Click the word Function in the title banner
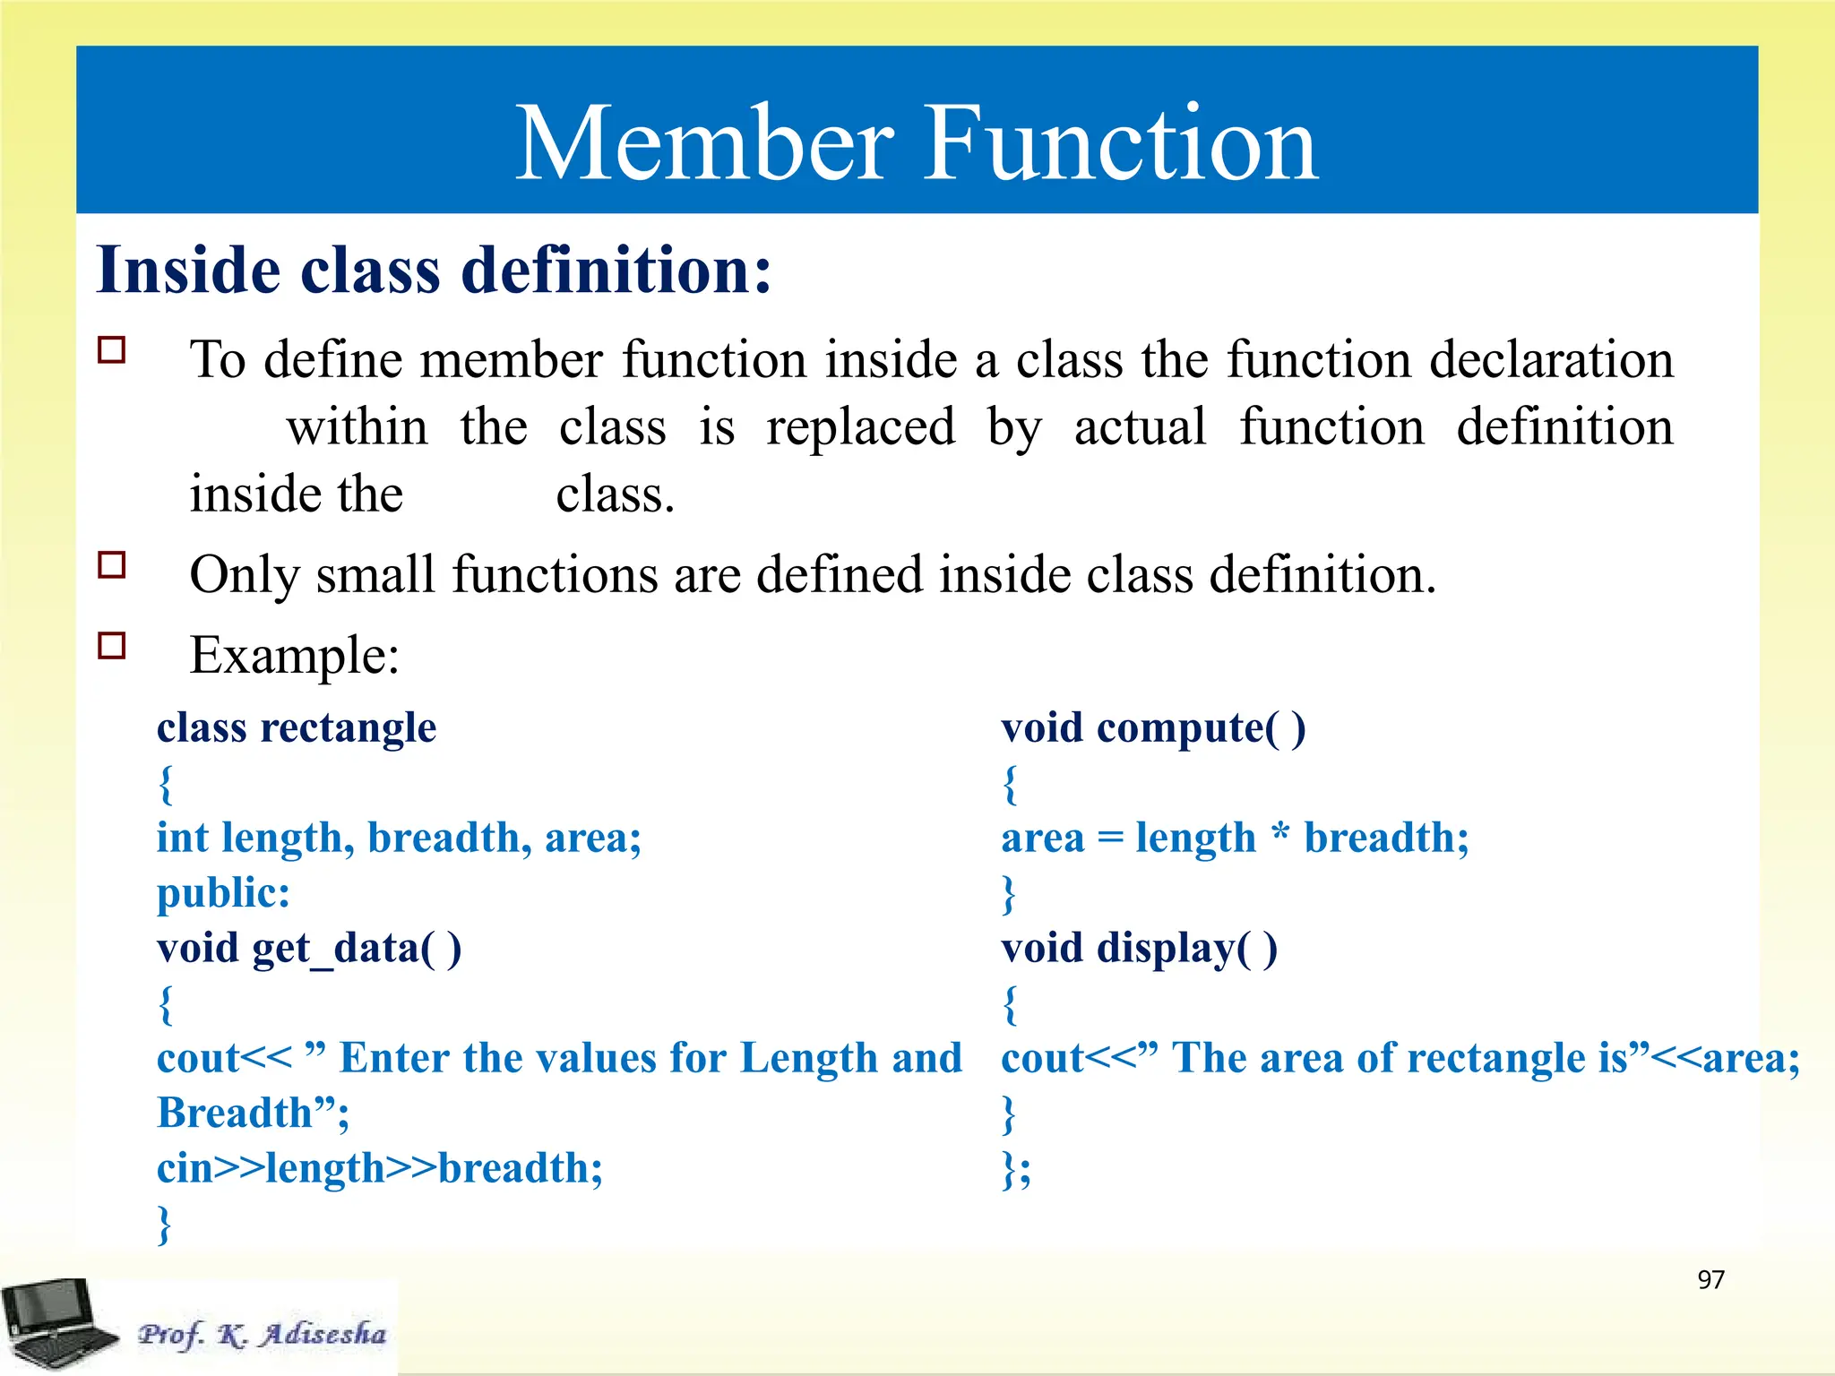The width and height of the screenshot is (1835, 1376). tap(1120, 143)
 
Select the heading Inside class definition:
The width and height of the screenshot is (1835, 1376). tap(434, 271)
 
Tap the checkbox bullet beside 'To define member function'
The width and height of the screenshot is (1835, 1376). tap(112, 349)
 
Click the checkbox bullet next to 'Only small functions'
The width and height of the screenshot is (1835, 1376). tap(112, 565)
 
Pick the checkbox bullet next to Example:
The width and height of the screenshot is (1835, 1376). tap(112, 645)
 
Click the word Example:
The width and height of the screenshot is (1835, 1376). tap(295, 656)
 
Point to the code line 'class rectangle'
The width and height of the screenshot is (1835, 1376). tap(297, 727)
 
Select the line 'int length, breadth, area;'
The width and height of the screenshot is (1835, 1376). tap(399, 838)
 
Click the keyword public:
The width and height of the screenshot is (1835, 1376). tap(223, 893)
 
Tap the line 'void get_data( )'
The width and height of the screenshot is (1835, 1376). tap(309, 948)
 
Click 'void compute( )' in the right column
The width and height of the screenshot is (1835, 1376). tap(1153, 727)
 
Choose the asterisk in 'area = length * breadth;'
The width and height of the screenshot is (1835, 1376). tap(1280, 835)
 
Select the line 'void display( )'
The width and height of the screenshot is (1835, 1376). tap(1139, 948)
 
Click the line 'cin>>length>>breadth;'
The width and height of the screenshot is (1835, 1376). tap(380, 1168)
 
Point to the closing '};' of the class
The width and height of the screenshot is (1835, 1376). tap(1016, 1169)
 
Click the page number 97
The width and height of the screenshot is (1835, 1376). tap(1710, 1279)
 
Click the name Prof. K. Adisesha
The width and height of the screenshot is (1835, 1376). tap(262, 1334)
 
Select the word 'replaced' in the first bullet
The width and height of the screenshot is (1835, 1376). tap(860, 428)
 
